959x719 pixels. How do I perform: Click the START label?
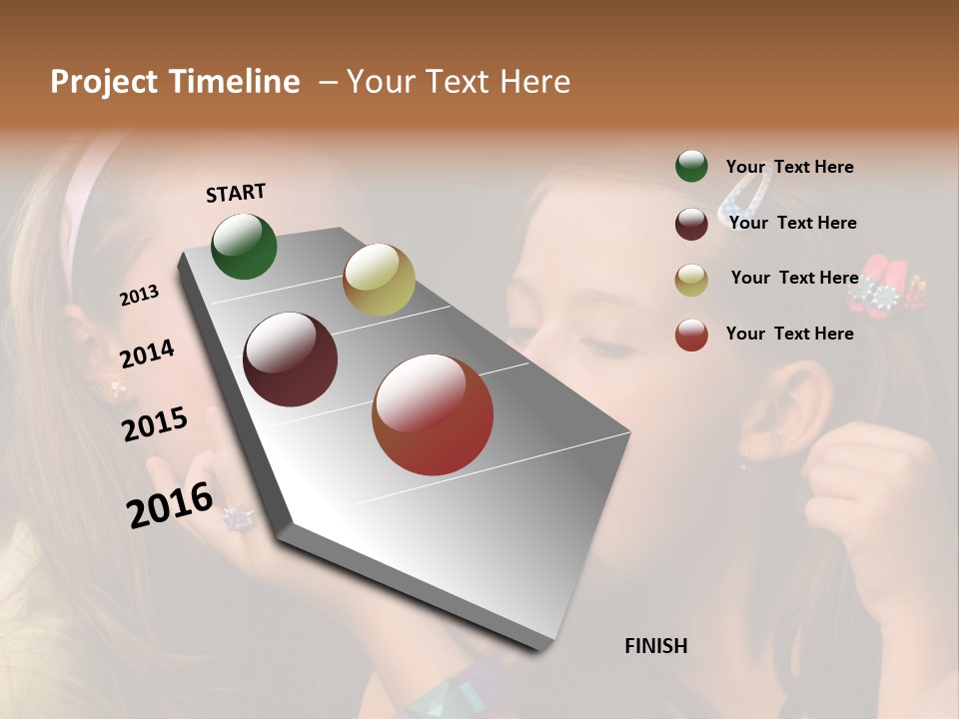click(236, 193)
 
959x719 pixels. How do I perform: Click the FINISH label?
click(656, 646)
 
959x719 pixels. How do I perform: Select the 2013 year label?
click(139, 296)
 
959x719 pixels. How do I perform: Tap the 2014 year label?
click(147, 354)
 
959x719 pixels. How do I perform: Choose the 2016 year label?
click(170, 504)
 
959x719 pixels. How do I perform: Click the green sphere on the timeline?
click(244, 246)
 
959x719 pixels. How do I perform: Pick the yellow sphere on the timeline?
click(379, 280)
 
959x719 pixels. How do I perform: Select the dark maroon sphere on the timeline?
click(291, 359)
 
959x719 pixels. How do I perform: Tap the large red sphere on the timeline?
click(433, 414)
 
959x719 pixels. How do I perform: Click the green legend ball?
click(691, 167)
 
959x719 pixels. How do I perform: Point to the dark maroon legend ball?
click(691, 224)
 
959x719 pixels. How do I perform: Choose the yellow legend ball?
click(691, 279)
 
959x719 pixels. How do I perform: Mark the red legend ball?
click(691, 335)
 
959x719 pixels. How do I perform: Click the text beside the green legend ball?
click(789, 167)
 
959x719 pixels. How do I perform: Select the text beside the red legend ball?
click(789, 334)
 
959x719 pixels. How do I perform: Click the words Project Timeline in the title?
click(175, 82)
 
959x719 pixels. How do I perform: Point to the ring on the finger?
click(238, 517)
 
